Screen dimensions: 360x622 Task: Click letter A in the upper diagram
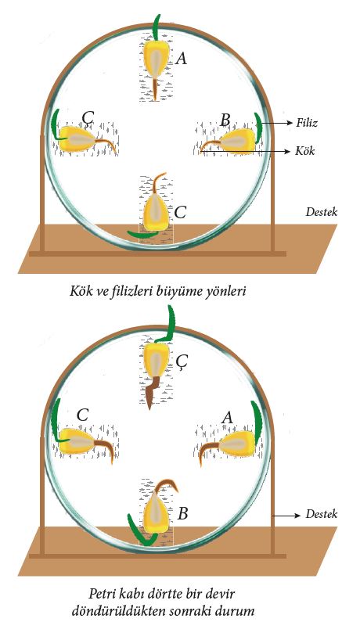click(181, 59)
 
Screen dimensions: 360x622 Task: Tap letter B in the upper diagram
click(225, 120)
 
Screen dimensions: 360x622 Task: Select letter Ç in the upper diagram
click(88, 118)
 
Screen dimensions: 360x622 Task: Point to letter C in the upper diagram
click(180, 213)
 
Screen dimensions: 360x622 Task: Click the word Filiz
click(307, 123)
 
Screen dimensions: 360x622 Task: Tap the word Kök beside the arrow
click(305, 151)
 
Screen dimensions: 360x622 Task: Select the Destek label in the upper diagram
click(322, 212)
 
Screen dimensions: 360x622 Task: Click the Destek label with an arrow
click(322, 514)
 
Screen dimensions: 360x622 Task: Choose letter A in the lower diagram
click(227, 417)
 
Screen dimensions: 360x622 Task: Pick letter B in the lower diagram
click(182, 514)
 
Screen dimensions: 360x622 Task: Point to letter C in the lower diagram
click(82, 415)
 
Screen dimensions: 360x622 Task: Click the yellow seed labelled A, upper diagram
click(156, 59)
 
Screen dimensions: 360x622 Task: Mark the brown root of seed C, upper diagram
click(159, 183)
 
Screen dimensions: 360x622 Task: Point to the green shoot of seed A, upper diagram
click(157, 27)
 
